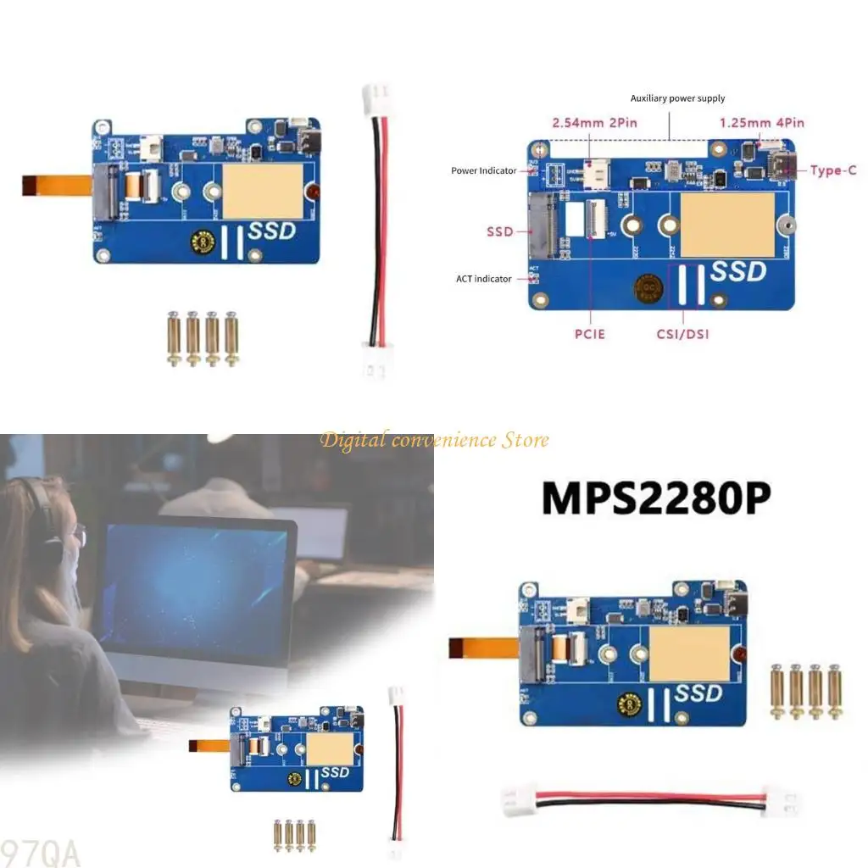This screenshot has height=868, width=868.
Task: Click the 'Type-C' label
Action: [832, 170]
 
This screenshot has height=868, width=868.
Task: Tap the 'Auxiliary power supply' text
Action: [677, 98]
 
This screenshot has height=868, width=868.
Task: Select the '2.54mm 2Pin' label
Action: [594, 123]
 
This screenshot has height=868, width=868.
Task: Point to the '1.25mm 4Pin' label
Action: [762, 123]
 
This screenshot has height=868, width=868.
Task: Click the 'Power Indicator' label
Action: [483, 171]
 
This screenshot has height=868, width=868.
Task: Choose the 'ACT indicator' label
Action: [483, 279]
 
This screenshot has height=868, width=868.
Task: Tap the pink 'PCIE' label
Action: [589, 334]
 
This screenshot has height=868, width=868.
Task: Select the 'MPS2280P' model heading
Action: [656, 498]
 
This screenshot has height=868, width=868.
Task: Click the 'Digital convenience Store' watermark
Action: [434, 440]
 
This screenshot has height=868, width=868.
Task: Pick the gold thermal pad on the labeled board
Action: [727, 225]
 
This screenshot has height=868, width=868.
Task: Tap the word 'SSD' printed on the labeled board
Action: [737, 272]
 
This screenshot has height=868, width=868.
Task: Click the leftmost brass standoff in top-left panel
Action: [173, 339]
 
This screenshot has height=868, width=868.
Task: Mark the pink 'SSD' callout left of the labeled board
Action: [499, 231]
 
